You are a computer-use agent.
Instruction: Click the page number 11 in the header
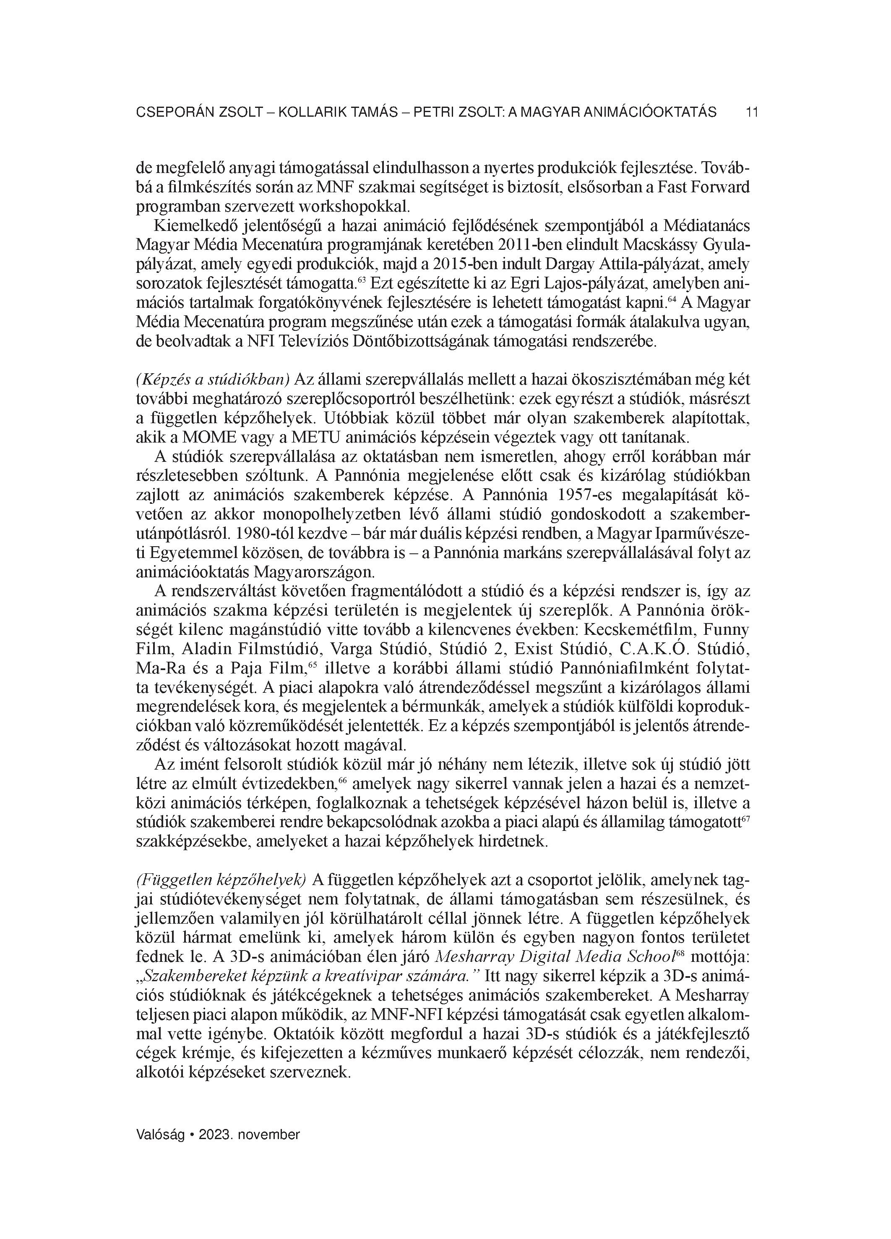tap(752, 113)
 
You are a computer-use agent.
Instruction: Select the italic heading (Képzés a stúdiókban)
tap(212, 379)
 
